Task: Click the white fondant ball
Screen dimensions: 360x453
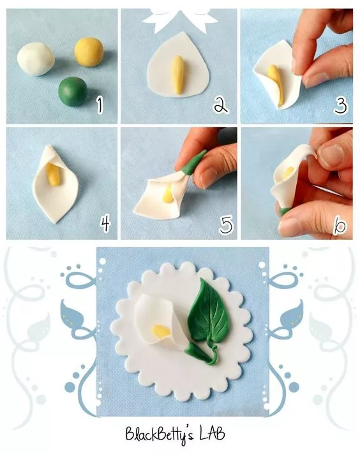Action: (x=36, y=59)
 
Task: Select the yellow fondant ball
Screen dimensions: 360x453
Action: (x=89, y=52)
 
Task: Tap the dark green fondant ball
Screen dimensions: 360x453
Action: (x=73, y=91)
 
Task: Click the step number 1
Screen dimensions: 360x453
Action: (x=100, y=105)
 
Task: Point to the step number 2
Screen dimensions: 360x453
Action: (x=221, y=105)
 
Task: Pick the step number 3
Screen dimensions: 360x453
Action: (x=340, y=106)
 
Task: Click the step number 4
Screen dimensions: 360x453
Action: (x=105, y=223)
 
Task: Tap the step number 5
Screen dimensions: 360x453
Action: (x=226, y=225)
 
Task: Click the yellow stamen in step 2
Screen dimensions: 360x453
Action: (x=177, y=75)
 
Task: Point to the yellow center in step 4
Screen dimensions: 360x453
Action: (x=53, y=174)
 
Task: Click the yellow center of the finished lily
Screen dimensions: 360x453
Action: (x=161, y=330)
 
